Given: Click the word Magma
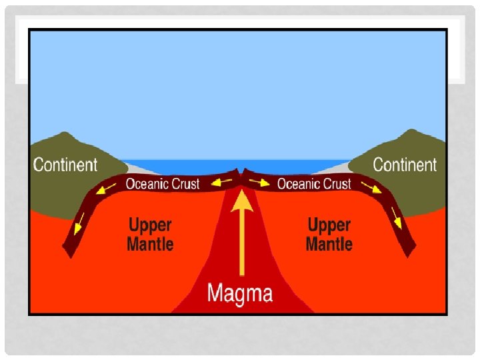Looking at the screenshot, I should [x=240, y=293].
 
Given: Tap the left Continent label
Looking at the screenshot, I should [x=65, y=165].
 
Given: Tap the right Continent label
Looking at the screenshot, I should [x=405, y=165].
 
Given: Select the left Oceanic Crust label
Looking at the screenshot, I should [x=163, y=183].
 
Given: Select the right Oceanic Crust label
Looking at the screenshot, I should [x=314, y=183].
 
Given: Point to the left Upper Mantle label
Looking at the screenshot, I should [x=150, y=235].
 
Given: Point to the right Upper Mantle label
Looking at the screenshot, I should [x=329, y=235].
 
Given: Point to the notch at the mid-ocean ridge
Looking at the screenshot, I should [x=241, y=172].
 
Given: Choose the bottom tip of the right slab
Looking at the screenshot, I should [x=409, y=256].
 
